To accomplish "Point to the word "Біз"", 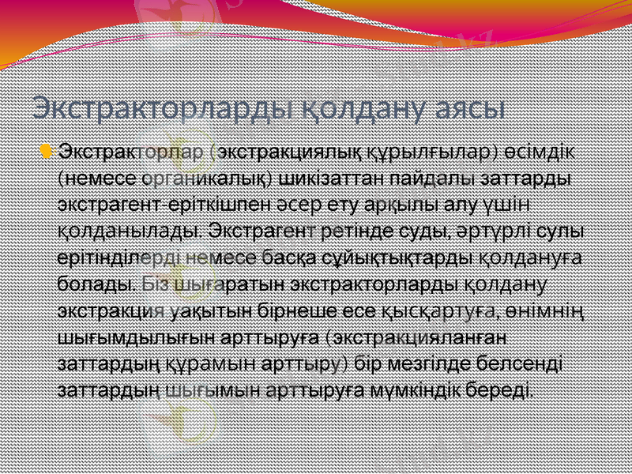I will [x=155, y=283].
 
